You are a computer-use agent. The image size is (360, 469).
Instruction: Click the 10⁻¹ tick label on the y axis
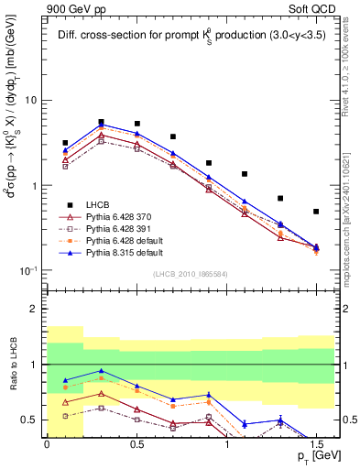pos(28,271)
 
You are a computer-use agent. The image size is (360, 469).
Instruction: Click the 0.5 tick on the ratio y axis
pos(30,420)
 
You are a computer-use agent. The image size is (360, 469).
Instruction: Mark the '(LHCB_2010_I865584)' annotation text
pos(190,275)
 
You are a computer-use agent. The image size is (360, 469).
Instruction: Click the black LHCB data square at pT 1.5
pos(316,212)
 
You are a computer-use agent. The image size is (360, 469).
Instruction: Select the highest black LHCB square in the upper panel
pos(101,122)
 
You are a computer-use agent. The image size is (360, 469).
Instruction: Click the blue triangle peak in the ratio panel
pos(101,371)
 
